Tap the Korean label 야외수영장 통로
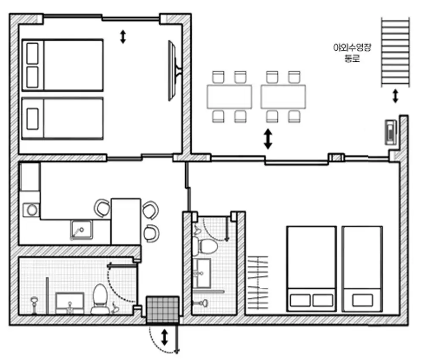(x=352, y=53)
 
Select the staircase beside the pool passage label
(x=396, y=52)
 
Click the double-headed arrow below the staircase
(x=396, y=96)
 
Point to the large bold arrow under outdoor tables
(x=268, y=139)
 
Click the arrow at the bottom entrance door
(x=165, y=337)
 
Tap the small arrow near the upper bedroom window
(x=123, y=37)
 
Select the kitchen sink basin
(x=81, y=229)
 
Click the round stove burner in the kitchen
(x=32, y=210)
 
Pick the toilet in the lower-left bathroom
(x=100, y=299)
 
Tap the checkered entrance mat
(x=163, y=310)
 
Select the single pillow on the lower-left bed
(x=33, y=119)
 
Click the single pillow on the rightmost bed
(x=363, y=300)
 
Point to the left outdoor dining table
(x=229, y=96)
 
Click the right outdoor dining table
(x=283, y=96)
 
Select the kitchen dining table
(x=126, y=221)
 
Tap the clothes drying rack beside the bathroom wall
(x=258, y=282)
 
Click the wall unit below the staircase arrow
(x=390, y=132)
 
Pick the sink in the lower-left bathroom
(x=70, y=303)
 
